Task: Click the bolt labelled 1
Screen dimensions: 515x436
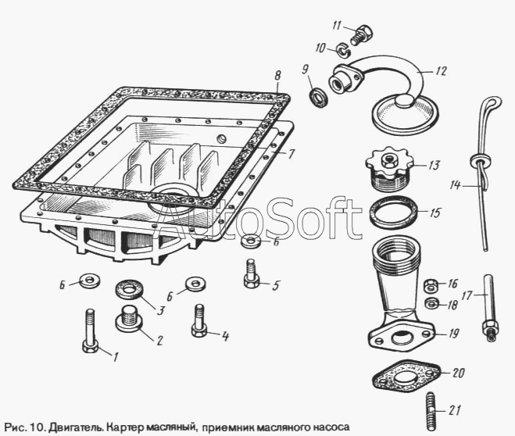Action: [91, 331]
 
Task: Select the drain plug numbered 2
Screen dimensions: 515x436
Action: [129, 317]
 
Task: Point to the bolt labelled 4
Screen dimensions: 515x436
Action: [199, 320]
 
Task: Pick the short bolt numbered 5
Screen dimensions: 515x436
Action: [252, 273]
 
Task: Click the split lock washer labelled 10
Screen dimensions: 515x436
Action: [343, 51]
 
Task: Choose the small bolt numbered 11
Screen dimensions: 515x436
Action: [363, 35]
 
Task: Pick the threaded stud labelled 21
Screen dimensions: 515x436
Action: [432, 411]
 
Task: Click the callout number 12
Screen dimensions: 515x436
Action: [441, 71]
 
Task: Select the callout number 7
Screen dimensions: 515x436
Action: [291, 154]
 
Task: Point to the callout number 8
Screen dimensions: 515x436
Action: [277, 76]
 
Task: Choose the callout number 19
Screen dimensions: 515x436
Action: [454, 334]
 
